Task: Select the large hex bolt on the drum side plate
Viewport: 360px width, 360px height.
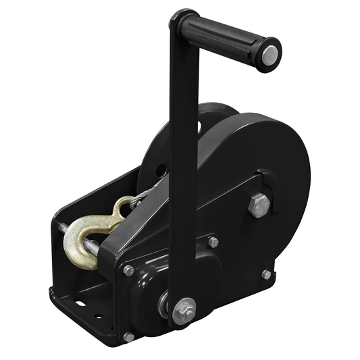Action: (259, 205)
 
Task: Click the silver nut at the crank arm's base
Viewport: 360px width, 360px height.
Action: (183, 310)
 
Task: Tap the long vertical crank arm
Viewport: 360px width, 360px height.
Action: (183, 169)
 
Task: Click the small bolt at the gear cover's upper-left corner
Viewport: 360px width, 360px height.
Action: (128, 270)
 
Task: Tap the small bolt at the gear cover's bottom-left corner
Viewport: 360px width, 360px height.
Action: (129, 336)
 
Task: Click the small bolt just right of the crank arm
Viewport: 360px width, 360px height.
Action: (213, 242)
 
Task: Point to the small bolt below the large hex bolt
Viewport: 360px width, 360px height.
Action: (266, 274)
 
